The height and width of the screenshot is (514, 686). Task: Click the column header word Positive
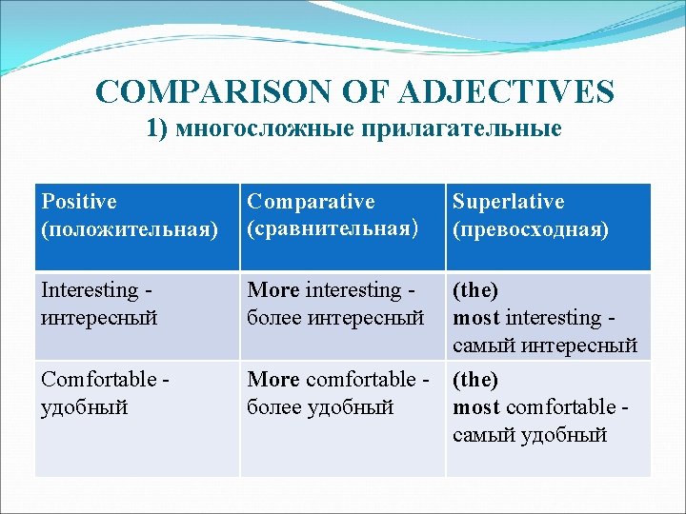tap(79, 202)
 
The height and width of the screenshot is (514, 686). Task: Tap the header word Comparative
tap(311, 202)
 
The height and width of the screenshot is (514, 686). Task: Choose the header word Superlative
tap(508, 202)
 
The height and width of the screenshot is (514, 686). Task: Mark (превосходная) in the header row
tap(531, 230)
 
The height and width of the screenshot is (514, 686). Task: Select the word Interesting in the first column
tap(90, 290)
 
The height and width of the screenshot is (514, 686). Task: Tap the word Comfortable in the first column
tap(98, 379)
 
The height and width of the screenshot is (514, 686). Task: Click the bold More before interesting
tap(273, 290)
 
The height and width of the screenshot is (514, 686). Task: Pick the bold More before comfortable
tap(273, 379)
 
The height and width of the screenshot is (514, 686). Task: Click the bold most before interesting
tap(476, 318)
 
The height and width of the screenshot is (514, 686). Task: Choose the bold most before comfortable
tap(476, 407)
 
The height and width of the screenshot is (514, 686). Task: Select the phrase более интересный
tap(335, 318)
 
